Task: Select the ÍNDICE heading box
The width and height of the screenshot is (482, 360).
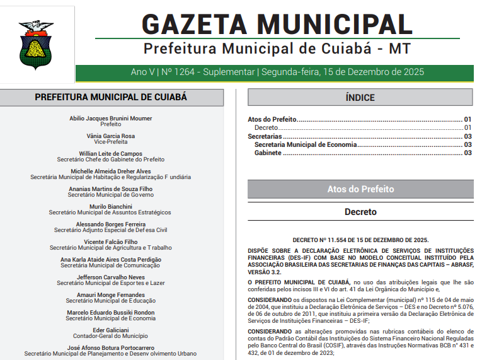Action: pyautogui.click(x=360, y=97)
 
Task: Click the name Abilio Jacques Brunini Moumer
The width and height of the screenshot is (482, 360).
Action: pyautogui.click(x=110, y=119)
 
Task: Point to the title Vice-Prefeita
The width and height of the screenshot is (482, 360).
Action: pyautogui.click(x=110, y=142)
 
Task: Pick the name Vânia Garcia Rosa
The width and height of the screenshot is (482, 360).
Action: pyautogui.click(x=110, y=136)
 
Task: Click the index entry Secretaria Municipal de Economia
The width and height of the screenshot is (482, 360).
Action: pyautogui.click(x=305, y=144)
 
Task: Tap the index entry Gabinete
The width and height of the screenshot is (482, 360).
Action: pyautogui.click(x=268, y=153)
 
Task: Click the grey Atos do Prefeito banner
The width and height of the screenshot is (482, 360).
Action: pyautogui.click(x=360, y=189)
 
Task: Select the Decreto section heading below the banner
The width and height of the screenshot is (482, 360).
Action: pyautogui.click(x=360, y=212)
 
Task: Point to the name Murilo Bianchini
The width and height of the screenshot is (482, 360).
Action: pyautogui.click(x=110, y=207)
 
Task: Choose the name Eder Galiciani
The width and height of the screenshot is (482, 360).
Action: pyautogui.click(x=110, y=330)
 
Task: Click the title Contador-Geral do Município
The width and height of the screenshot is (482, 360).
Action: pyautogui.click(x=110, y=336)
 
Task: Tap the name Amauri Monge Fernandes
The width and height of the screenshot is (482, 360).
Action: pyautogui.click(x=110, y=295)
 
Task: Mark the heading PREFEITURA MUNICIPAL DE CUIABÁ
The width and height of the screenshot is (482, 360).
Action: pyautogui.click(x=111, y=97)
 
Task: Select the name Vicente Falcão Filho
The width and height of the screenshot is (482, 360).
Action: pyautogui.click(x=110, y=242)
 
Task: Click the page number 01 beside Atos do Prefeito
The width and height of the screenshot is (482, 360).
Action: pyautogui.click(x=468, y=119)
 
